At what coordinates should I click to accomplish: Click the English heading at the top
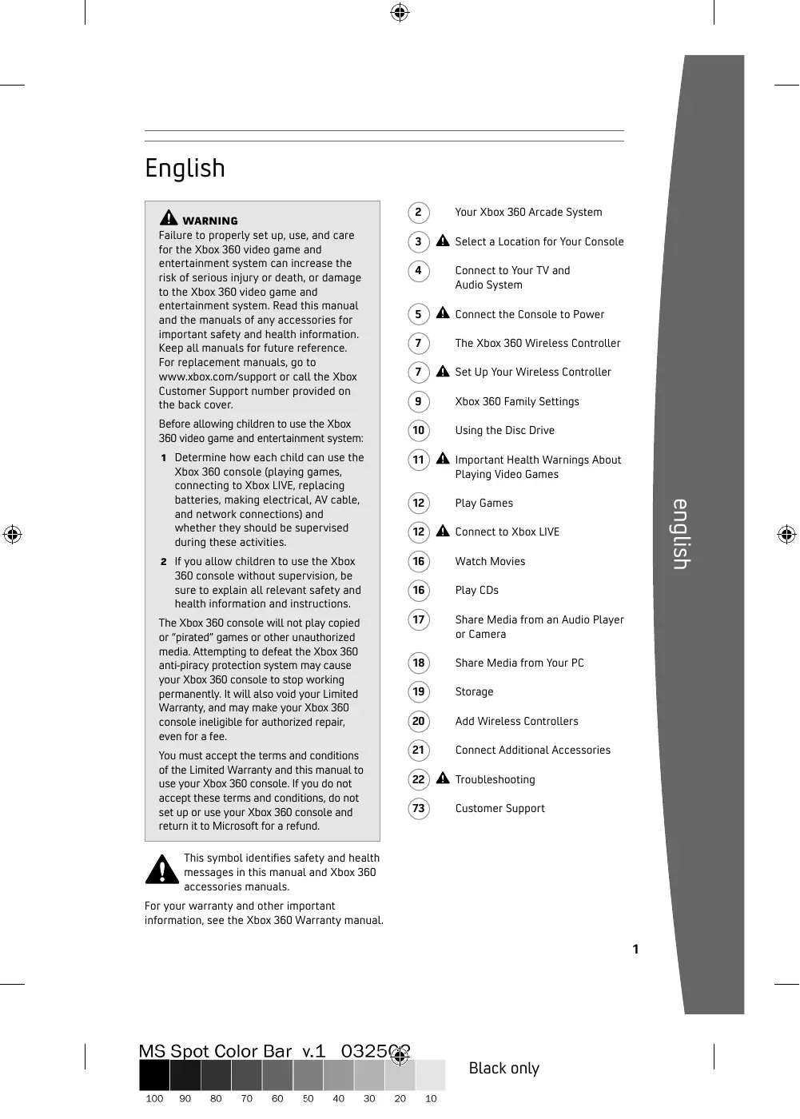pyautogui.click(x=185, y=169)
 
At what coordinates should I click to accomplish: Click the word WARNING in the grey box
pyautogui.click(x=209, y=221)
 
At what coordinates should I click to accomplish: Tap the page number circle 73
pyautogui.click(x=418, y=809)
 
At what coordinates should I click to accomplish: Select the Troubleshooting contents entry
pyautogui.click(x=495, y=780)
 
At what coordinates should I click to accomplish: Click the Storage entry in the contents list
pyautogui.click(x=474, y=692)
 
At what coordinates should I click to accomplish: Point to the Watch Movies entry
pyautogui.click(x=490, y=562)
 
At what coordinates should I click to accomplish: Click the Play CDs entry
pyautogui.click(x=476, y=591)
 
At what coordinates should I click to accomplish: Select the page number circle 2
pyautogui.click(x=418, y=213)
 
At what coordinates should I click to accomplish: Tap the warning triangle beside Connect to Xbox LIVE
pyautogui.click(x=443, y=532)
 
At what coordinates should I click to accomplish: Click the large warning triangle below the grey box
pyautogui.click(x=162, y=870)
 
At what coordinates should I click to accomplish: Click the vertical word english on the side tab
pyautogui.click(x=681, y=534)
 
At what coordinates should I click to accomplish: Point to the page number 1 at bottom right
pyautogui.click(x=635, y=950)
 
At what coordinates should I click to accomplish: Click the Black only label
pyautogui.click(x=503, y=1069)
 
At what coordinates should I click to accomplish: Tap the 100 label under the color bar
pyautogui.click(x=154, y=1099)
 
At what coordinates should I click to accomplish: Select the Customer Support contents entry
pyautogui.click(x=500, y=809)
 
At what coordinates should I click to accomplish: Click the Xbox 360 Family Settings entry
pyautogui.click(x=517, y=402)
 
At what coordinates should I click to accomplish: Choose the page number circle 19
pyautogui.click(x=418, y=692)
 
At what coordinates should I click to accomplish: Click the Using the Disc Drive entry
pyautogui.click(x=504, y=431)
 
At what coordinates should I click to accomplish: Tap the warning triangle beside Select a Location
pyautogui.click(x=443, y=241)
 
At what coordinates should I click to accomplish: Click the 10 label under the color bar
pyautogui.click(x=431, y=1099)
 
